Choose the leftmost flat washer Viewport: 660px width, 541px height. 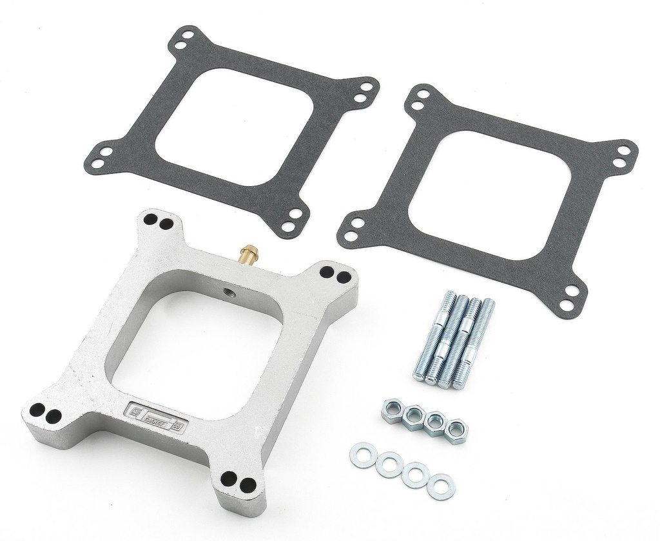362,454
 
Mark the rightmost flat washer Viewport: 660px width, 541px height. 440,486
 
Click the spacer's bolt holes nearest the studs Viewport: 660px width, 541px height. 336,276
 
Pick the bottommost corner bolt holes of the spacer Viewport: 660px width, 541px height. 236,481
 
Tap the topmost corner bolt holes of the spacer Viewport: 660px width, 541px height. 159,222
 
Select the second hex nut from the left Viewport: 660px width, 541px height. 413,416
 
